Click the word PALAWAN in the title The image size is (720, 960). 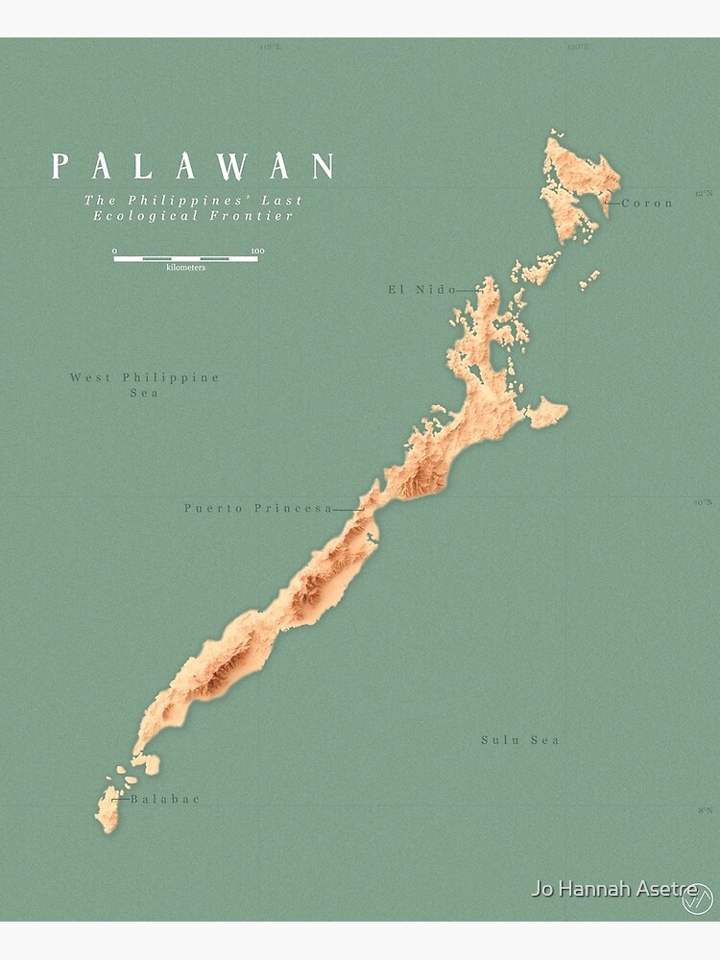click(x=193, y=166)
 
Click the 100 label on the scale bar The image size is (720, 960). click(x=256, y=252)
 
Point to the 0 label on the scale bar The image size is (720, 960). click(x=115, y=252)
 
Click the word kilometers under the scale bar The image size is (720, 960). click(x=185, y=267)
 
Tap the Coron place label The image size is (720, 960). click(x=648, y=204)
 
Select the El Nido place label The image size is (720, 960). click(x=422, y=289)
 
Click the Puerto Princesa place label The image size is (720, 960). click(x=258, y=509)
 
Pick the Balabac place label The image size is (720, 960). click(x=165, y=799)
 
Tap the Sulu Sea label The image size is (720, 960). click(x=520, y=740)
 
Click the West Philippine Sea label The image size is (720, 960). click(x=145, y=385)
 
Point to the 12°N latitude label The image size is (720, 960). click(x=704, y=193)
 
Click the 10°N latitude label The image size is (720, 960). click(x=704, y=502)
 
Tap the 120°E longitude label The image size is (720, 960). click(x=577, y=46)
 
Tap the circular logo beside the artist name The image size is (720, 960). click(x=697, y=900)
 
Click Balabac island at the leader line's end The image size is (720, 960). click(x=108, y=806)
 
